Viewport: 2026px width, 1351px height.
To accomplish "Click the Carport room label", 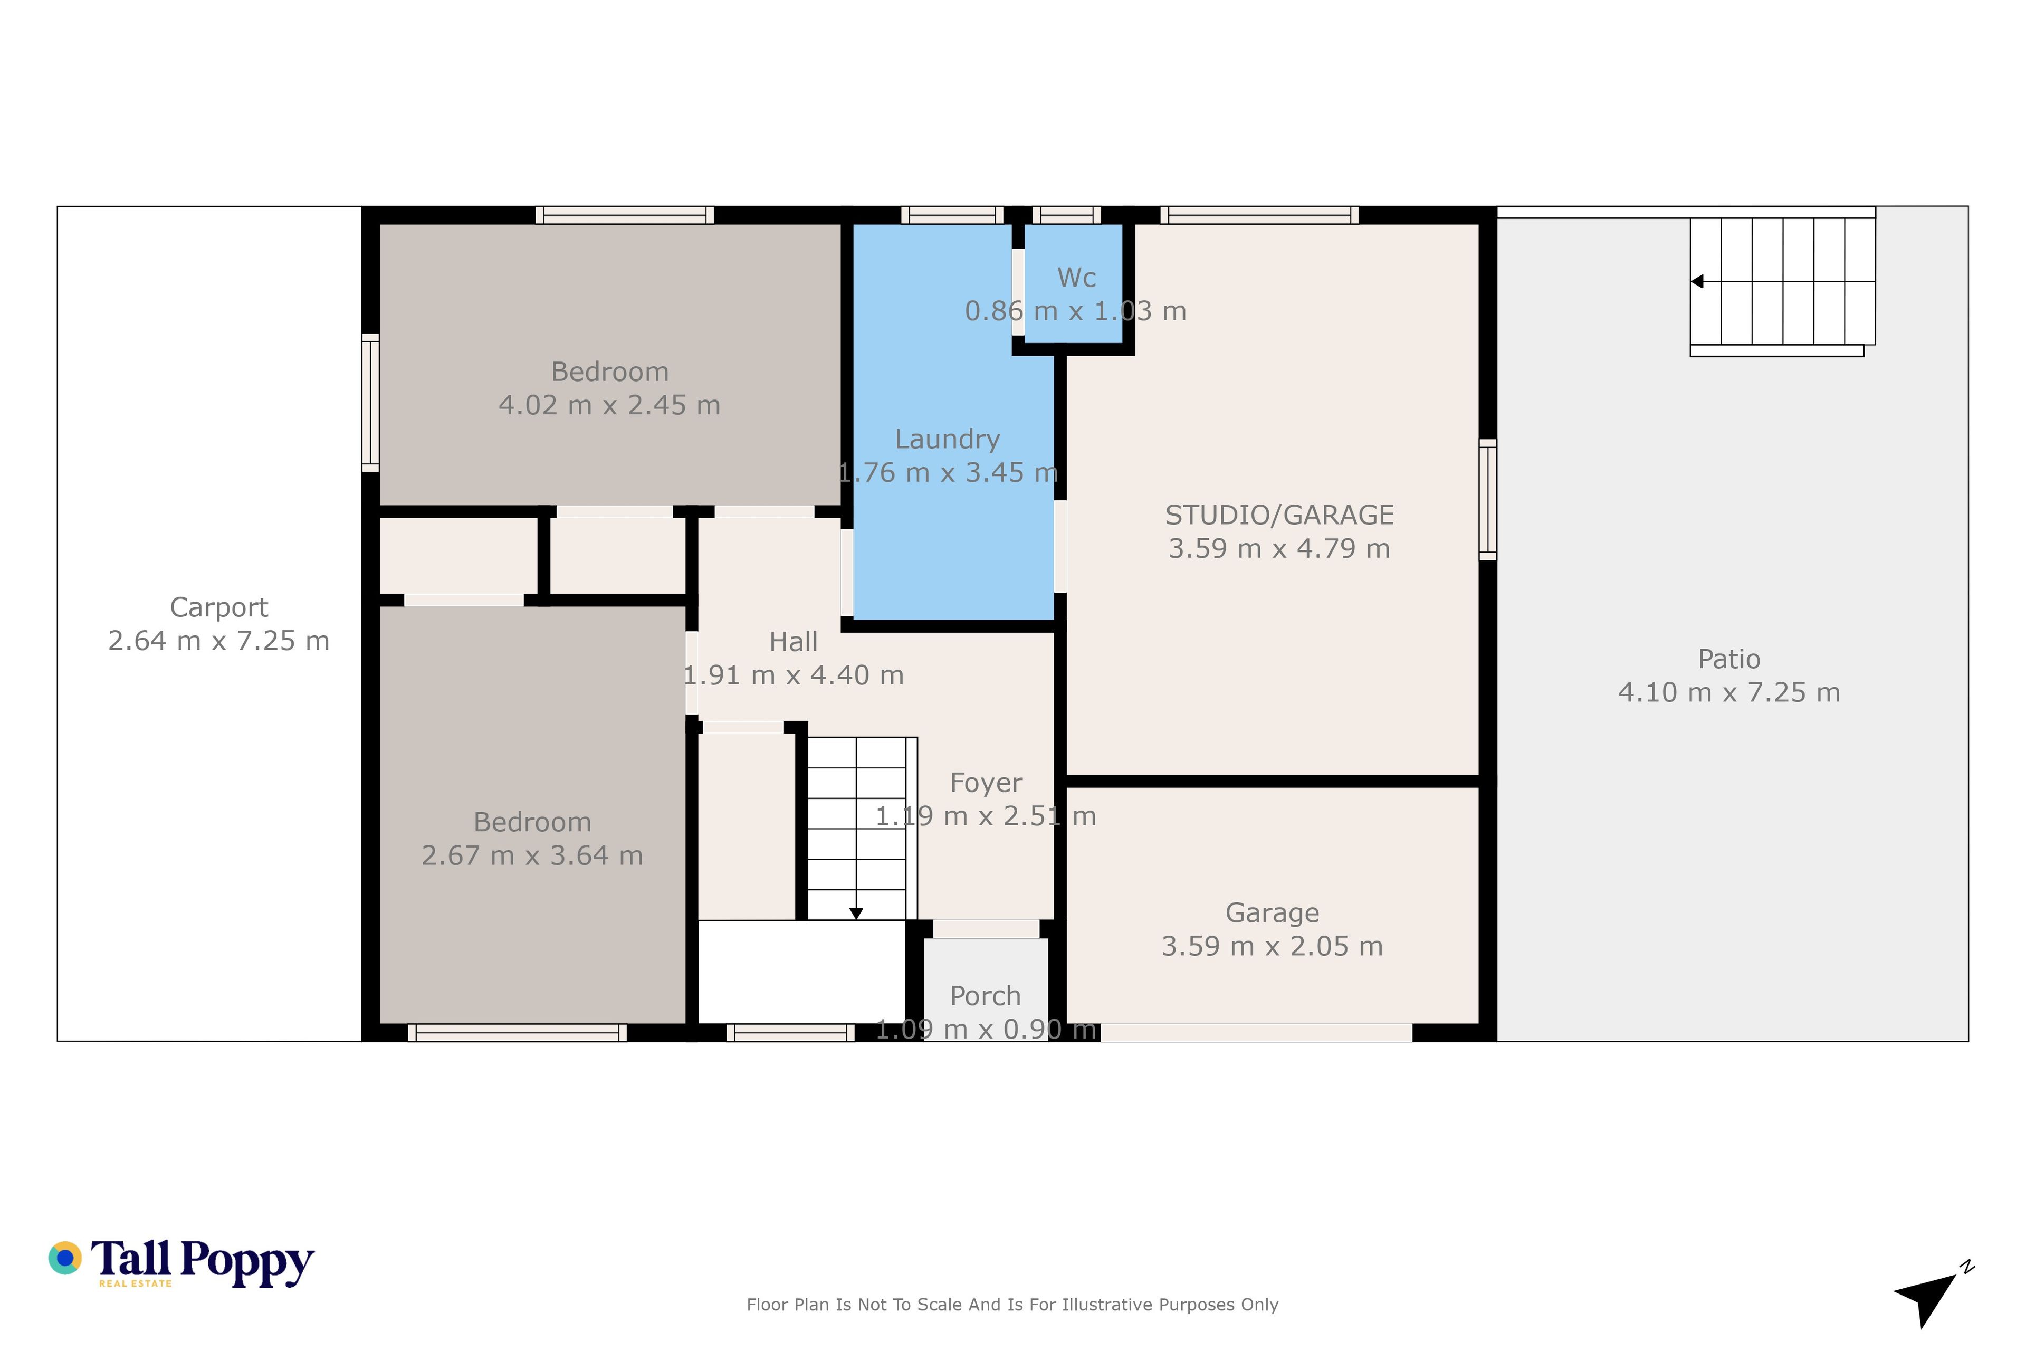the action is [219, 607].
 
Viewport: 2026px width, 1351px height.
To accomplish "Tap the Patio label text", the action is [1729, 659].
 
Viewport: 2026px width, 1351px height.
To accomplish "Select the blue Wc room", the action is [1073, 283].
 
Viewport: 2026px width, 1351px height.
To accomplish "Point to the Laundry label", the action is [948, 440].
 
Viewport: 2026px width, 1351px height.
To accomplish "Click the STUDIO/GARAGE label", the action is [1279, 515].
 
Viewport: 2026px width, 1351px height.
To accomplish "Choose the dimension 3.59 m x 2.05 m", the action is [1272, 946].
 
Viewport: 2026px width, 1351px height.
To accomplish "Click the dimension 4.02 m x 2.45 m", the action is [610, 405].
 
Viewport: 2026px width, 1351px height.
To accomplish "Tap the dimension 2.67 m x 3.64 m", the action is [532, 855].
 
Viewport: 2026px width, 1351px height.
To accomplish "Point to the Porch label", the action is [986, 996].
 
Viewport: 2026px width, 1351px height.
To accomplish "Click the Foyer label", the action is [986, 783].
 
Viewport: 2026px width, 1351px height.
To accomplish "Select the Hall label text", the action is [794, 642].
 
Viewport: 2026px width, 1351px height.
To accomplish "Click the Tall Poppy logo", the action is [181, 1262].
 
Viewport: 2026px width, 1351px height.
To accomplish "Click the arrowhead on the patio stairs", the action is [1697, 282].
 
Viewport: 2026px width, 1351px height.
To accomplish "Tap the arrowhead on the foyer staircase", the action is [856, 914].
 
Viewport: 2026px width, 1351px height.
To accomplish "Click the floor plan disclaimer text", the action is [1012, 1305].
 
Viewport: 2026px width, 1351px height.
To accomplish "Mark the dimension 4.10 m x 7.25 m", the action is [1729, 693].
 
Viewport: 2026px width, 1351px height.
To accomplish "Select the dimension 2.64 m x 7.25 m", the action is [219, 641].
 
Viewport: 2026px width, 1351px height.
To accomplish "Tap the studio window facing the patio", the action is [1488, 500].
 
